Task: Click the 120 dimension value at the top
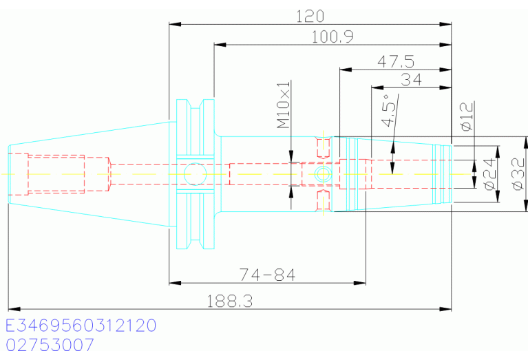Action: click(x=310, y=16)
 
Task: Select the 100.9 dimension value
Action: click(x=332, y=36)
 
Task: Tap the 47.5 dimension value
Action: click(x=396, y=62)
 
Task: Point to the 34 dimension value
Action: click(x=411, y=80)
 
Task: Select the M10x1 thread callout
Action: click(x=283, y=105)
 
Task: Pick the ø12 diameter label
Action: click(x=467, y=116)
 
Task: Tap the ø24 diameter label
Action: click(x=490, y=173)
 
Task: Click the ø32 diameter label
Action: click(x=518, y=173)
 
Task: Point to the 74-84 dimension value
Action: click(x=267, y=275)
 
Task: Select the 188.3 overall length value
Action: click(x=229, y=301)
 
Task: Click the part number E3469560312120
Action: click(x=81, y=326)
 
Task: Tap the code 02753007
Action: click(x=50, y=345)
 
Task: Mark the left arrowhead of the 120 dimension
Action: click(x=175, y=24)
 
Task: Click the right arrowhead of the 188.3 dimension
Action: click(x=445, y=309)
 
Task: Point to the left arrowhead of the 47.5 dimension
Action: click(x=346, y=70)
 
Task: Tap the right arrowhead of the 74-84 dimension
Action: click(x=359, y=283)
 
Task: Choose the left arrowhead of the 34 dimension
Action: click(x=377, y=87)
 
